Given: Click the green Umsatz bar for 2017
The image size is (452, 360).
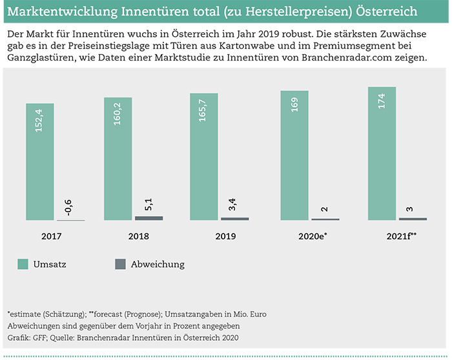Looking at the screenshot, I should (x=39, y=162).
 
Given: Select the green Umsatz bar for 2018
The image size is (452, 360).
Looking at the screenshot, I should (x=118, y=159).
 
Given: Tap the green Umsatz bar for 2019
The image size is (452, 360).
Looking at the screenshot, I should (x=204, y=157).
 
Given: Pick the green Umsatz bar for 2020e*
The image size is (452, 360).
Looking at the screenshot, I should (x=294, y=155).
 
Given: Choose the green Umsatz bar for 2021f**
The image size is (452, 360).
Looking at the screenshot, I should (x=381, y=154).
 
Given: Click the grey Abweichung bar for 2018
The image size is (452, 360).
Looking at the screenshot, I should (x=149, y=218).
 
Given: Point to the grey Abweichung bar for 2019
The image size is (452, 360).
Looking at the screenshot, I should (x=235, y=219).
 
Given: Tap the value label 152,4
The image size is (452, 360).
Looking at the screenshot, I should (x=39, y=121).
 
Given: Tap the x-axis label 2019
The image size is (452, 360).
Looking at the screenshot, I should (x=225, y=236).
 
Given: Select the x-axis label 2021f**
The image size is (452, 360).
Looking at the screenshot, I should (x=400, y=236).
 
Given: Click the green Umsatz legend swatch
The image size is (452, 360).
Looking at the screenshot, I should (x=24, y=264).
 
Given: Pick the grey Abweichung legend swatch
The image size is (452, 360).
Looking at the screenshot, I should (x=120, y=264).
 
